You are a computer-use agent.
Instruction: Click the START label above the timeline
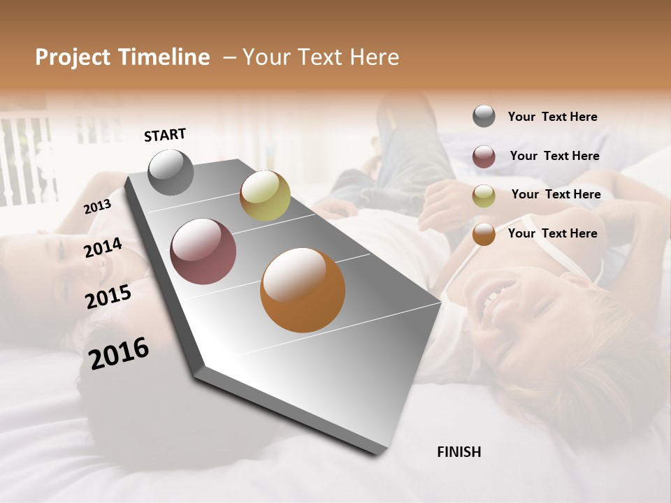(165, 135)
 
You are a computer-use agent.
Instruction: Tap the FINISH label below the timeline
(459, 452)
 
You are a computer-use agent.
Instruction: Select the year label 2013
(97, 207)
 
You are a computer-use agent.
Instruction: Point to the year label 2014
(103, 248)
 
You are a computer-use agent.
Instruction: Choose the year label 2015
(108, 296)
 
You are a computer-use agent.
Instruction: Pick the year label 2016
(119, 353)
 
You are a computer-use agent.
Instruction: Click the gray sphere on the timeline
(171, 173)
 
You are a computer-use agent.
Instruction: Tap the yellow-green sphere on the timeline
(265, 196)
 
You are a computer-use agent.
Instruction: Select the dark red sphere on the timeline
(203, 251)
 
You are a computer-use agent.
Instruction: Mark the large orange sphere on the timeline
(303, 290)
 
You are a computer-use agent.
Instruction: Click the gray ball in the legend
(484, 117)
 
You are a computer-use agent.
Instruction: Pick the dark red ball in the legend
(484, 156)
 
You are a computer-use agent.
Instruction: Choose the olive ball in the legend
(484, 196)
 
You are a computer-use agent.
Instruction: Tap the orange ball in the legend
(484, 234)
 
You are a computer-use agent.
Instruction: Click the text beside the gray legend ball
(552, 117)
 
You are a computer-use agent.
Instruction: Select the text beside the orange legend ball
(552, 233)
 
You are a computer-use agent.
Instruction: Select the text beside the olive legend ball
(556, 194)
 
